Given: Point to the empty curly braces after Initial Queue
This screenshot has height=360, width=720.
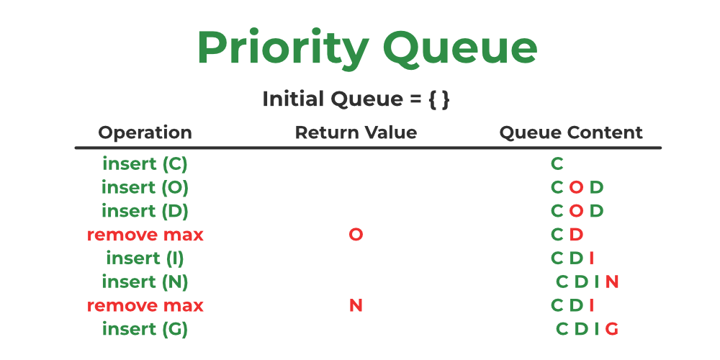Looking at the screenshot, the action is pos(439,99).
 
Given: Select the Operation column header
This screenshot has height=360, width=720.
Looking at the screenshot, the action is pos(145,132).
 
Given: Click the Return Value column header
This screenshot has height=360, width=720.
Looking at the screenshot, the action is pos(356,132).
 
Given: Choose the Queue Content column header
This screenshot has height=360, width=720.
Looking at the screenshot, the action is pos(571,132).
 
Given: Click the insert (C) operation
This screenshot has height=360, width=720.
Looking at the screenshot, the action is pos(145,164).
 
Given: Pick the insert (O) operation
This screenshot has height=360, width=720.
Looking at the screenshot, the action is pos(145,187).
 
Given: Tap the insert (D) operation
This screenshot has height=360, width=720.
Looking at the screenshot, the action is pos(145,211).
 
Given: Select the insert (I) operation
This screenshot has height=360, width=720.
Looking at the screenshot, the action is pos(145,258).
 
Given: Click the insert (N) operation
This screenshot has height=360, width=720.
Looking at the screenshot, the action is pos(145,282).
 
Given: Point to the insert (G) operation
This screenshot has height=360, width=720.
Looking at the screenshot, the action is pos(145,329).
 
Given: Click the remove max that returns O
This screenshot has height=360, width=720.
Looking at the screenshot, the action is pos(145,235).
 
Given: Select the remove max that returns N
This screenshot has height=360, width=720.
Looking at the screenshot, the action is pos(145,305).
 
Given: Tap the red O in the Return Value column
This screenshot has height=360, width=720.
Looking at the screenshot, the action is pos(356,235).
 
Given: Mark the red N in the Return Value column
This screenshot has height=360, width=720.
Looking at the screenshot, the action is pos(356,305).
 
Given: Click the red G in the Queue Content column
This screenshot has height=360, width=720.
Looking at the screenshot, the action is pos(611,329).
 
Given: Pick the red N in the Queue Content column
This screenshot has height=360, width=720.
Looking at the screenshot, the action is pos(612,282).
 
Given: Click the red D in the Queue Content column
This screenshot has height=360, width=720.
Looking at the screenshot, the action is pos(576,235).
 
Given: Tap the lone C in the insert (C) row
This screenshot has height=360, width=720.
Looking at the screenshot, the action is pos(557,164).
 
